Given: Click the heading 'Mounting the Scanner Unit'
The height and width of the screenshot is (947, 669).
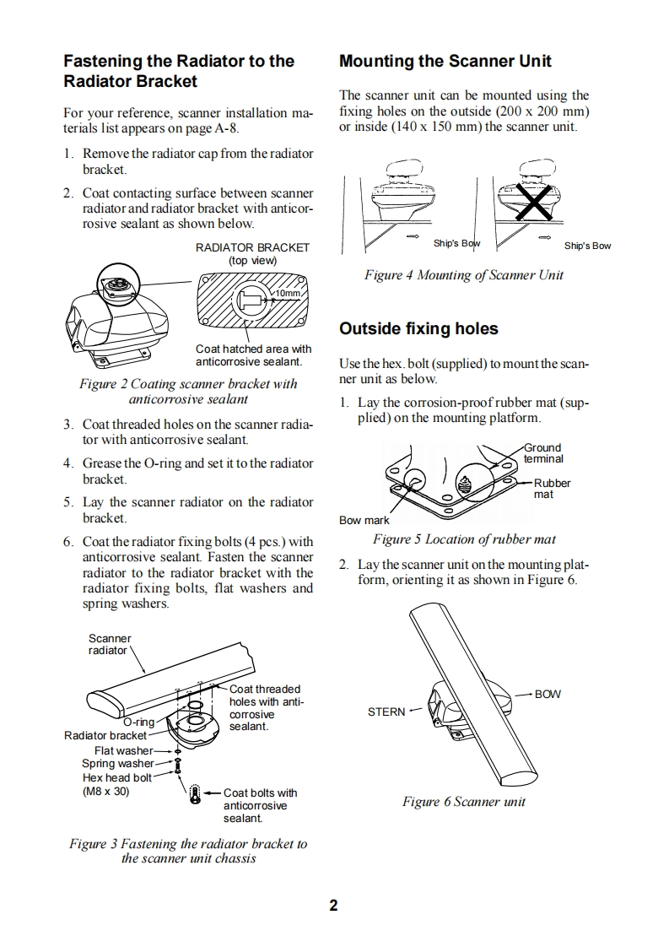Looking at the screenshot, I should pos(445,61).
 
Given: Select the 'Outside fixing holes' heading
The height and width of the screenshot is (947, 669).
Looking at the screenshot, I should pos(418,328).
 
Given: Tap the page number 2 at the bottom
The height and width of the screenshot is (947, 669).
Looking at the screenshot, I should pos(334,906).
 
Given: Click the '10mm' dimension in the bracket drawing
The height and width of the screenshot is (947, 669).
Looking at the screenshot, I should pos(288,293).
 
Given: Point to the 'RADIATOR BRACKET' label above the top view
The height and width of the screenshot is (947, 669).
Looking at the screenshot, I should pos(252,247).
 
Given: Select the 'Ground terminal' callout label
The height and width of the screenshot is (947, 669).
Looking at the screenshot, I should pos(543,453).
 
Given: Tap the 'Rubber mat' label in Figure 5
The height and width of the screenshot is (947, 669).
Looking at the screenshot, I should pos(552,488).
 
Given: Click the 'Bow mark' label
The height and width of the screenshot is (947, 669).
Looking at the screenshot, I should pos(364,520).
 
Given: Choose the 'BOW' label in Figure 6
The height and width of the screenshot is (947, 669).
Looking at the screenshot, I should pos(548,694).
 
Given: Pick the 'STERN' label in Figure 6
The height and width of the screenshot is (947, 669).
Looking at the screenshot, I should pos(386,712).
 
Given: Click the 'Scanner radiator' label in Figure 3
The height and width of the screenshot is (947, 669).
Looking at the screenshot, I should pos(110,644).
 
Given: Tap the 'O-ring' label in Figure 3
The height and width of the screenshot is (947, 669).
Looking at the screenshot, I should pos(138,722).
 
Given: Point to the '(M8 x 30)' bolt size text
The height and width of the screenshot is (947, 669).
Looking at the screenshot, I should pos(105,791).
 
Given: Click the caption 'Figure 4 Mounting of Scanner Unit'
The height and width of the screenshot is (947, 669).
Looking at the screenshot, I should pos(463,274).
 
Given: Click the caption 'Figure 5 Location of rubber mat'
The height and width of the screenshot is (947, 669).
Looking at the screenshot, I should pos(464,538).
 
